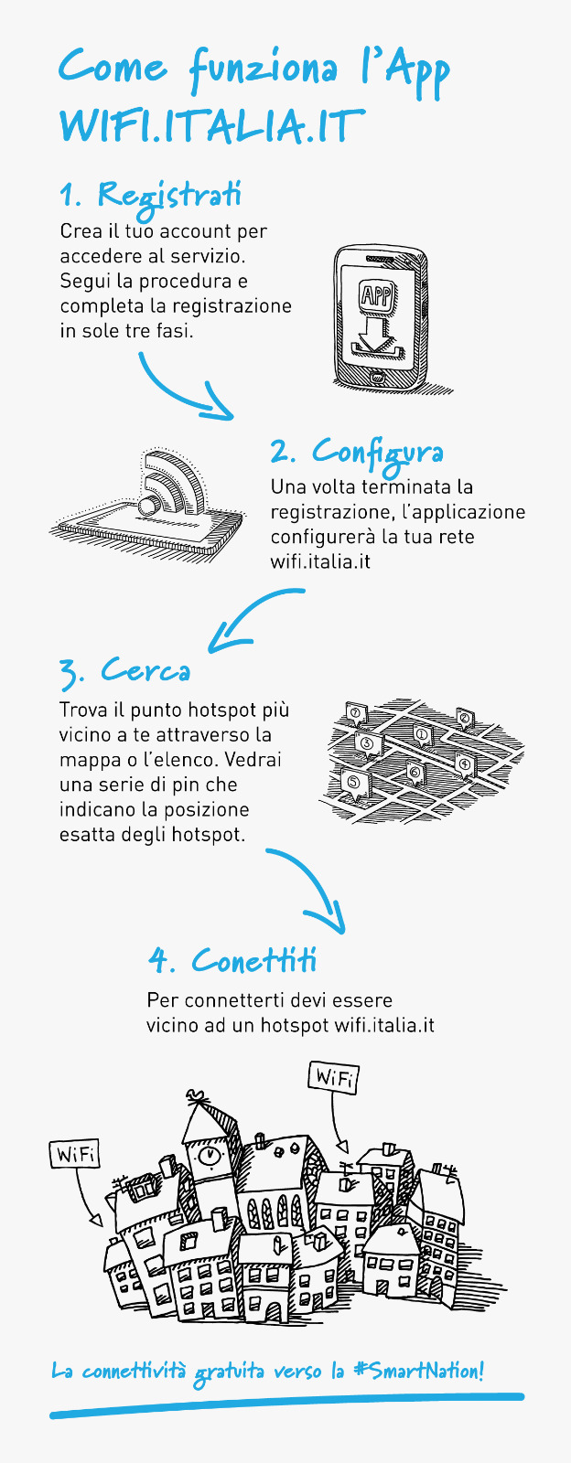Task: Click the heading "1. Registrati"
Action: [150, 194]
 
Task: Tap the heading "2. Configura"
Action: [357, 452]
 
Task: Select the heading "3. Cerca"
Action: [124, 671]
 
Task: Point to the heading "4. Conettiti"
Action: [232, 960]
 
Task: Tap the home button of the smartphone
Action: [377, 378]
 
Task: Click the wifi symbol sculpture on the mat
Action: [171, 484]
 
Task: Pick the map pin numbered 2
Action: [465, 719]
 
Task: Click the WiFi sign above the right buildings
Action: [333, 1077]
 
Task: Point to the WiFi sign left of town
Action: [75, 1155]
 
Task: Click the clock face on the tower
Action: [209, 1155]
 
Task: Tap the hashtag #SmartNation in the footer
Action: [418, 1371]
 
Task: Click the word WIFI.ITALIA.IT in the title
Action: [210, 125]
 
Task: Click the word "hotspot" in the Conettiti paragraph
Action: [295, 1025]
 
